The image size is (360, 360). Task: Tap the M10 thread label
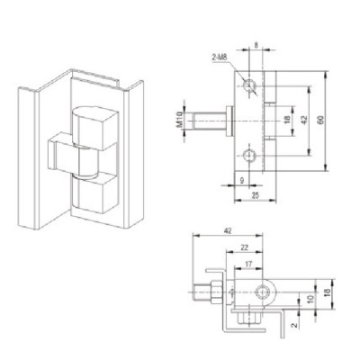[x=179, y=120]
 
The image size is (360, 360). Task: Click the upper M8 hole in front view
[x=249, y=85]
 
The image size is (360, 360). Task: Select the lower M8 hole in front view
[x=249, y=157]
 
